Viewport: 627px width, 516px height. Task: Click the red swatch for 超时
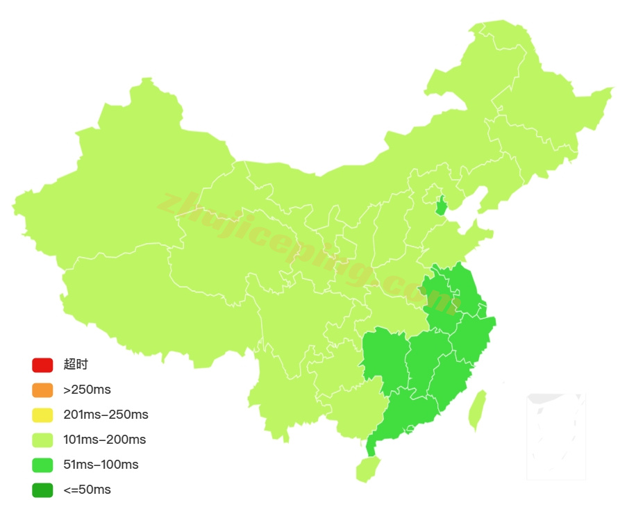pos(42,365)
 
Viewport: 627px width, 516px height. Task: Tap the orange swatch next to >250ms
pos(42,390)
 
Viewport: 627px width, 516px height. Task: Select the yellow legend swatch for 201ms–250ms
pos(42,415)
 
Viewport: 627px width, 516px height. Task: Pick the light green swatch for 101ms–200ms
pos(42,440)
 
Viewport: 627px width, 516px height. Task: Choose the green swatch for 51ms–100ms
pos(42,465)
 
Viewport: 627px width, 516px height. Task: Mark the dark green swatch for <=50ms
pos(42,490)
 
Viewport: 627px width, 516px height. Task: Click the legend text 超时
pos(76,365)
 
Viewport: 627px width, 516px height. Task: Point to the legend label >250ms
pos(87,390)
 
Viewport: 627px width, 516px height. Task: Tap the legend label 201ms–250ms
pos(106,415)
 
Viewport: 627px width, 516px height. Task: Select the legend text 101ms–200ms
pos(104,440)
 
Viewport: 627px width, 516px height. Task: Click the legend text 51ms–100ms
pos(101,465)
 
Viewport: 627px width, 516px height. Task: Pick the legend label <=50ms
pos(87,490)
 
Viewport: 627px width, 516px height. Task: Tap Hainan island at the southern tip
pos(367,469)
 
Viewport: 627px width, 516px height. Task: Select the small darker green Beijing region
pos(441,206)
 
